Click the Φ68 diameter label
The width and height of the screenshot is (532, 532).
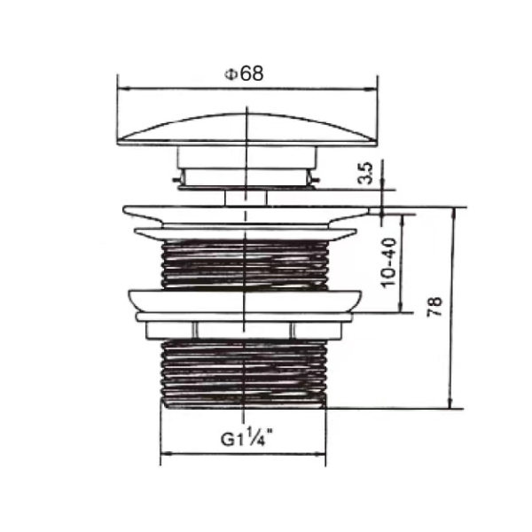click(x=244, y=74)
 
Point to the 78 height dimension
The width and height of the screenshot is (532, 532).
click(x=434, y=307)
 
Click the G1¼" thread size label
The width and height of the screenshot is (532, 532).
click(x=246, y=437)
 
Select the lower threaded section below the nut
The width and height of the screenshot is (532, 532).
click(x=244, y=372)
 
